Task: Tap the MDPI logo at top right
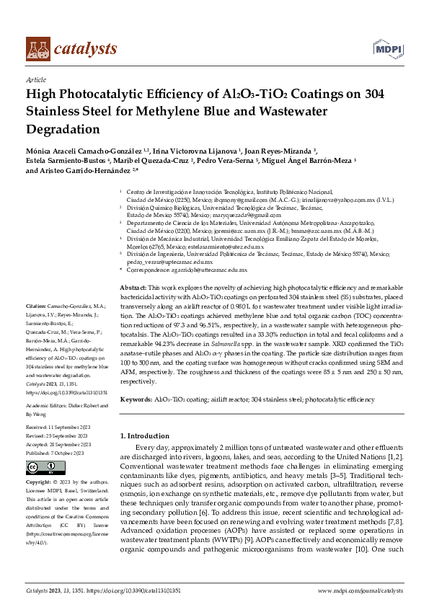click(x=386, y=48)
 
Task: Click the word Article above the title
click(x=35, y=81)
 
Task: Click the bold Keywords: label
click(x=136, y=398)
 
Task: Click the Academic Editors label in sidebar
click(x=48, y=406)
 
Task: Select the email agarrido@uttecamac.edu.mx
click(x=205, y=269)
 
